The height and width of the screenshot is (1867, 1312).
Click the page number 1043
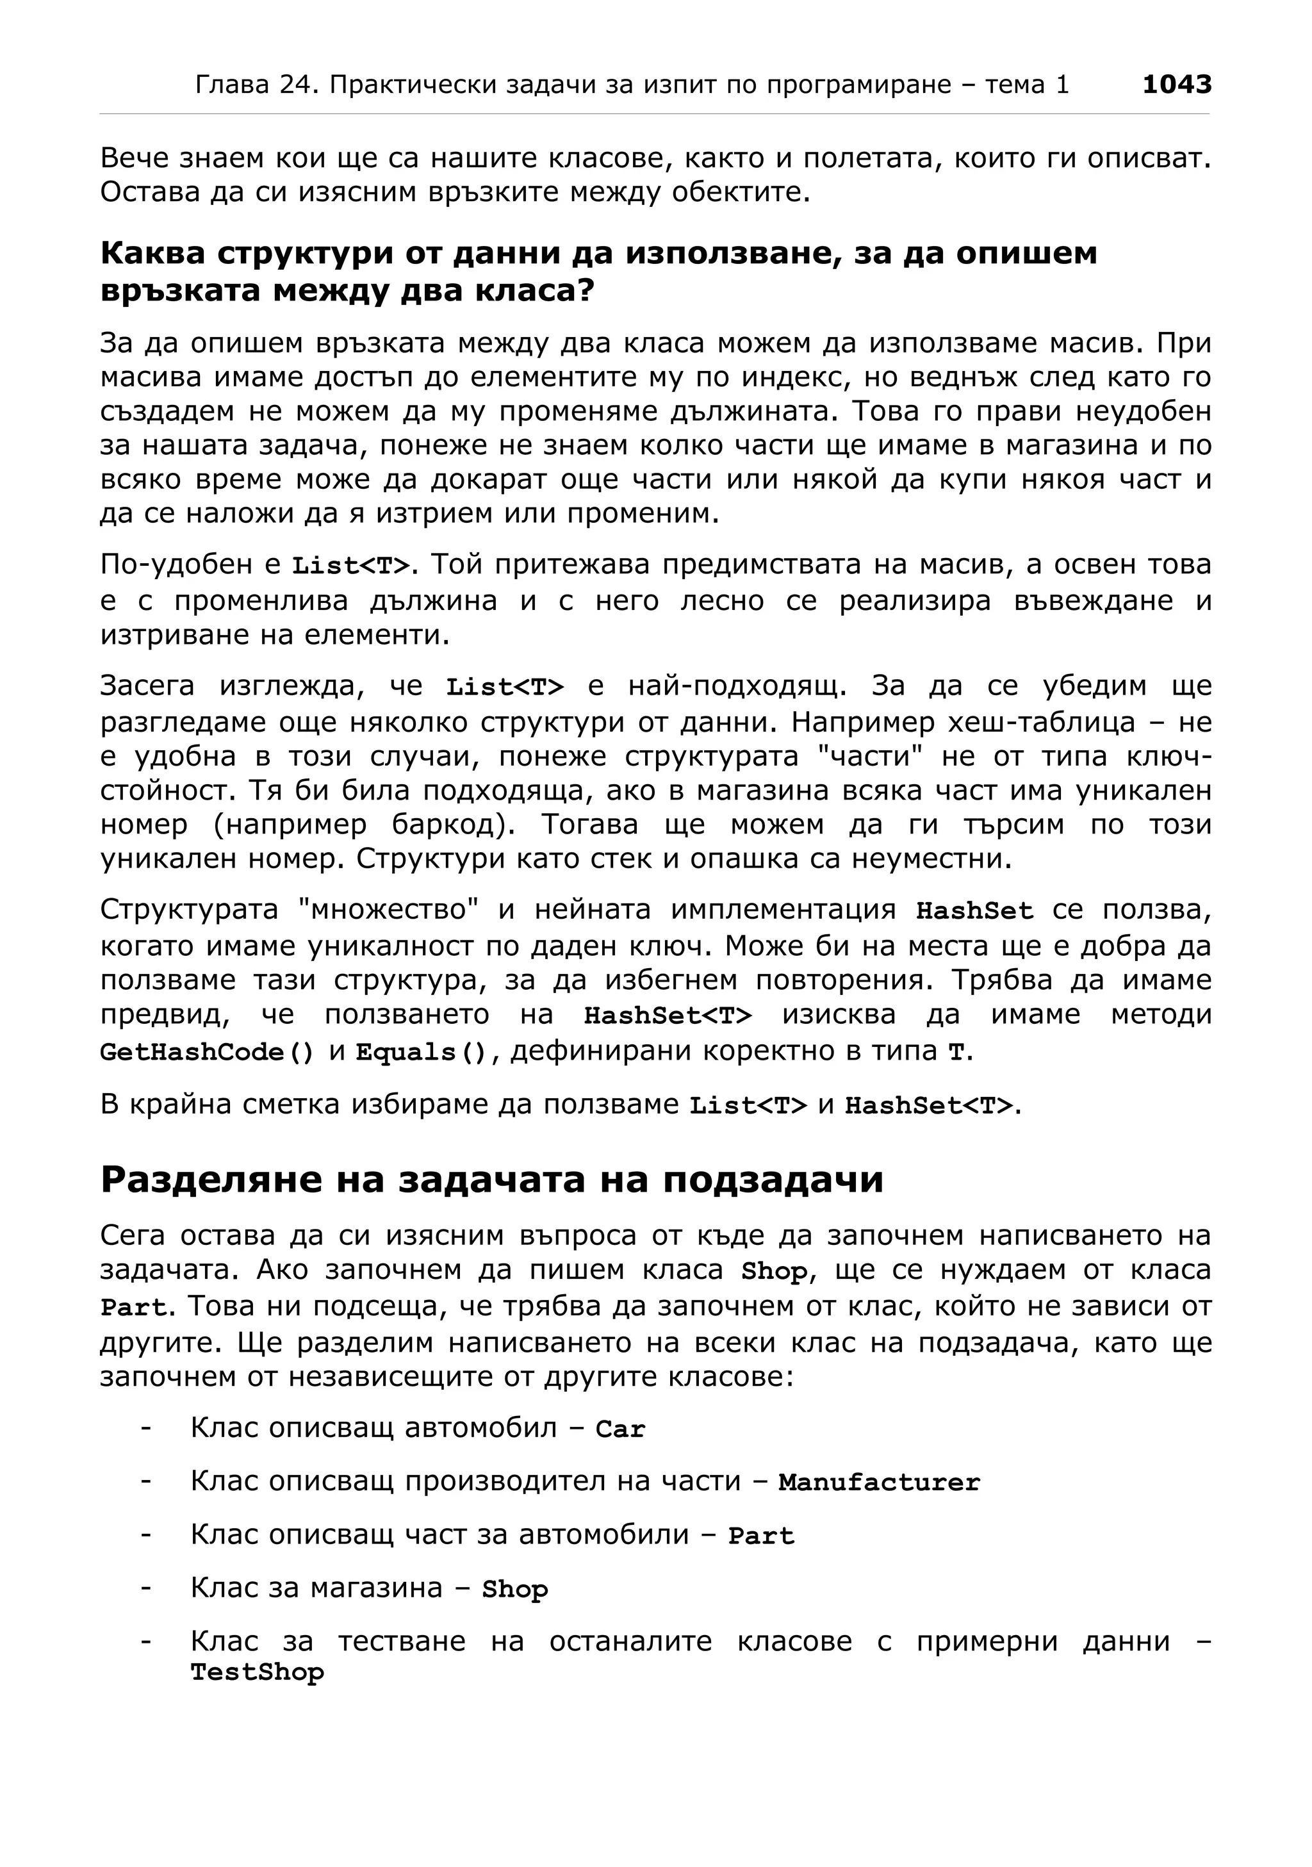[1176, 85]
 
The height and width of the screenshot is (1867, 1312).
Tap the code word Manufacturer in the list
[879, 1483]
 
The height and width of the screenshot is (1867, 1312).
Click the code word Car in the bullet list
[620, 1429]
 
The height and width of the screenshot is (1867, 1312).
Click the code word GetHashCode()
[206, 1052]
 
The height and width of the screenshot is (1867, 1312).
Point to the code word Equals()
[421, 1052]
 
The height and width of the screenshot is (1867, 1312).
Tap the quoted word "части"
[871, 756]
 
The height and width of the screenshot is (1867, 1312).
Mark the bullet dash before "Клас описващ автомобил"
[146, 1428]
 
